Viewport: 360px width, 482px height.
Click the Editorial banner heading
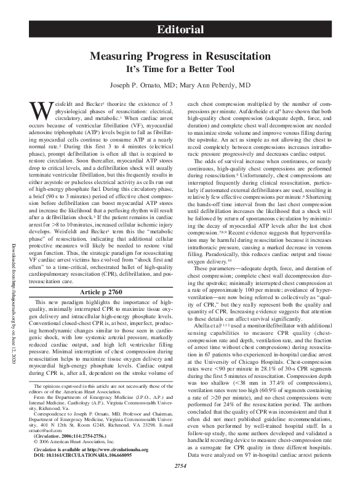click(x=180, y=30)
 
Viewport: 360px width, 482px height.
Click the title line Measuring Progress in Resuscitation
click(x=180, y=55)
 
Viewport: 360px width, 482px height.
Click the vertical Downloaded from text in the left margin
click(x=14, y=246)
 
